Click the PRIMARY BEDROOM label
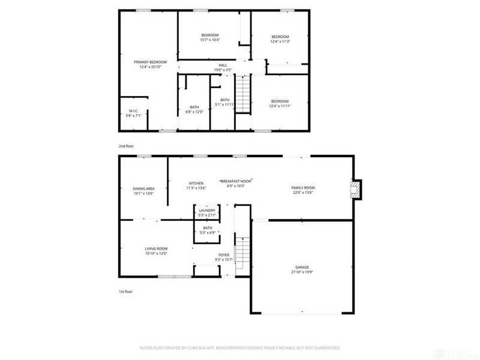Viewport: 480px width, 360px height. pos(150,62)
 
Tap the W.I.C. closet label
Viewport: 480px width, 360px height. pos(133,110)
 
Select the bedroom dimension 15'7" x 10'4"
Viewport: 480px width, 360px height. pos(210,40)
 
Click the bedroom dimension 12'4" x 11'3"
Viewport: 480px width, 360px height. pos(280,41)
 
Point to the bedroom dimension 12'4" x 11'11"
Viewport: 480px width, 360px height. pos(280,106)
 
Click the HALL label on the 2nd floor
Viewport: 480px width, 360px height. pos(223,65)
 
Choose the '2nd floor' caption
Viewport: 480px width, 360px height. pos(125,145)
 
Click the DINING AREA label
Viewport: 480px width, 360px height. pos(143,188)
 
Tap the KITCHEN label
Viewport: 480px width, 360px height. pos(196,183)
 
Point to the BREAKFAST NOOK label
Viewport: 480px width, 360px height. pos(236,181)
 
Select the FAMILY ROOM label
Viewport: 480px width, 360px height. pos(303,188)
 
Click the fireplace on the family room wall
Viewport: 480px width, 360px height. pos(356,190)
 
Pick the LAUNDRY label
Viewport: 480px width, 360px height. pos(207,211)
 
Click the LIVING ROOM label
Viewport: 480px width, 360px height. pos(156,248)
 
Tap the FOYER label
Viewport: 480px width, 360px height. pos(223,255)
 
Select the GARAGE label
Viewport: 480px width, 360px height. pos(302,267)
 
